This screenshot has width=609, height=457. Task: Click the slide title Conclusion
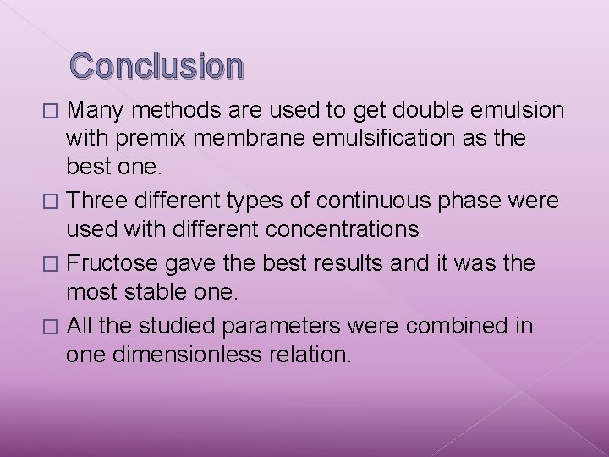click(x=156, y=65)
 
